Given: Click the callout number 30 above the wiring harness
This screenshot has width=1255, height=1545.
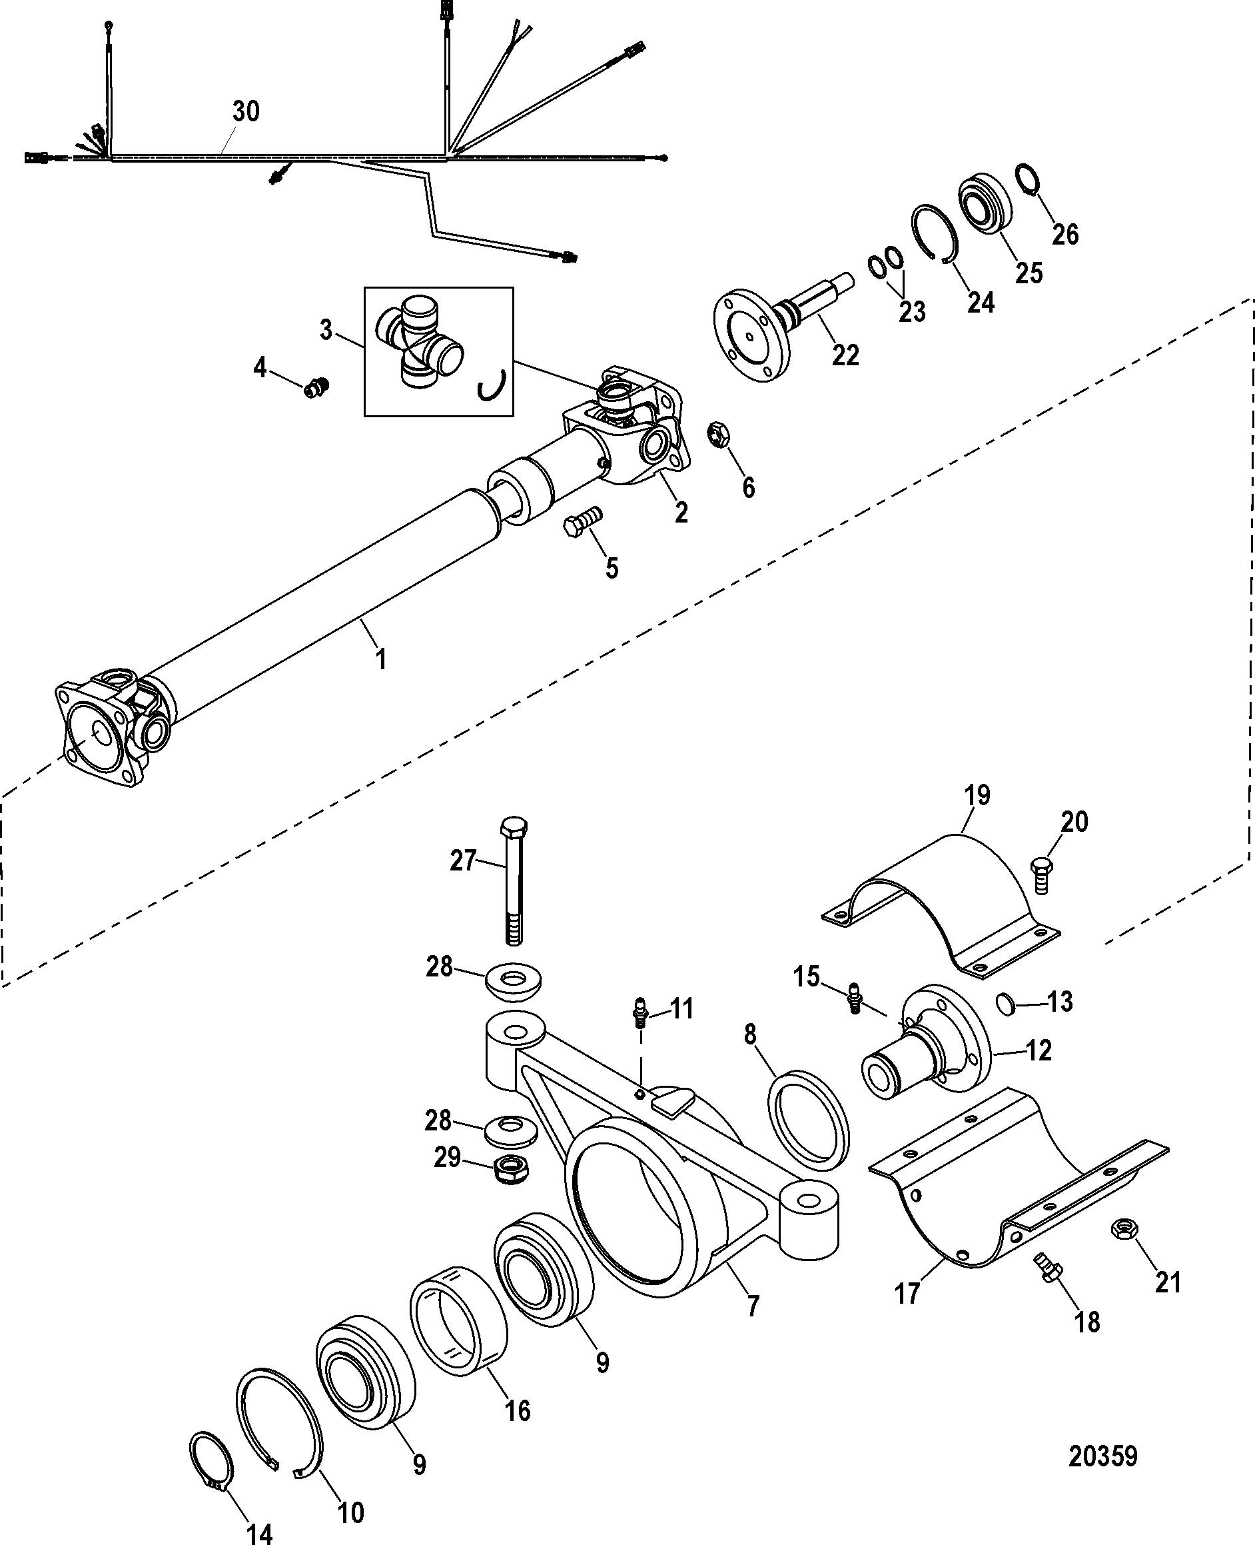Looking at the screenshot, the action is click(x=246, y=111).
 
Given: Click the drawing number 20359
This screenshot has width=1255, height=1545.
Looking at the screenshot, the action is click(x=1103, y=1456).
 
